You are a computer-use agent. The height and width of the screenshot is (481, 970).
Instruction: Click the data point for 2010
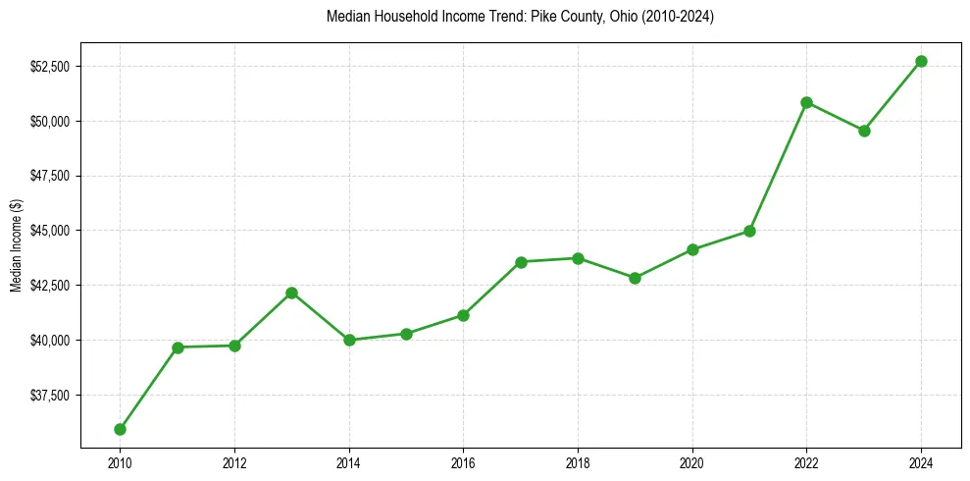tap(120, 429)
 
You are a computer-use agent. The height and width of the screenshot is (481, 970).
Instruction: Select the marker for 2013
tap(291, 293)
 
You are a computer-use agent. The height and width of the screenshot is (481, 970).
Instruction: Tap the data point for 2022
tap(806, 102)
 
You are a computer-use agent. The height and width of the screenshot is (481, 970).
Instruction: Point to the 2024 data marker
tap(921, 61)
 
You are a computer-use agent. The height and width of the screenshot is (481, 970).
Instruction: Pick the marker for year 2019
tap(635, 278)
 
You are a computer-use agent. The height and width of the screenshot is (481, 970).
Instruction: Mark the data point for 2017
tap(521, 262)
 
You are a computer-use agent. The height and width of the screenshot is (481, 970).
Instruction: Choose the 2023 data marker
tap(864, 131)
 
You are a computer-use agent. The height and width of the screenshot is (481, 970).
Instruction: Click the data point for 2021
tap(749, 231)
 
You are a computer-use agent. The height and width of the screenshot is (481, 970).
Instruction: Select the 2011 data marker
tap(178, 347)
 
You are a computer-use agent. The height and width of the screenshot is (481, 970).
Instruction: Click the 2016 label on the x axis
tap(463, 460)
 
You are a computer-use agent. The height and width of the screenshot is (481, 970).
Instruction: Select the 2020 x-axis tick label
tap(692, 460)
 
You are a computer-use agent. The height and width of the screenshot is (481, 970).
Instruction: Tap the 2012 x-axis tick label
tap(234, 460)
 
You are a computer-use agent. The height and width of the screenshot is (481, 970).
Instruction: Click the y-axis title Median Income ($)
tap(16, 251)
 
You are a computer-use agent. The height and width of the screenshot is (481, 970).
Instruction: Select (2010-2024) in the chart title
tap(677, 18)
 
